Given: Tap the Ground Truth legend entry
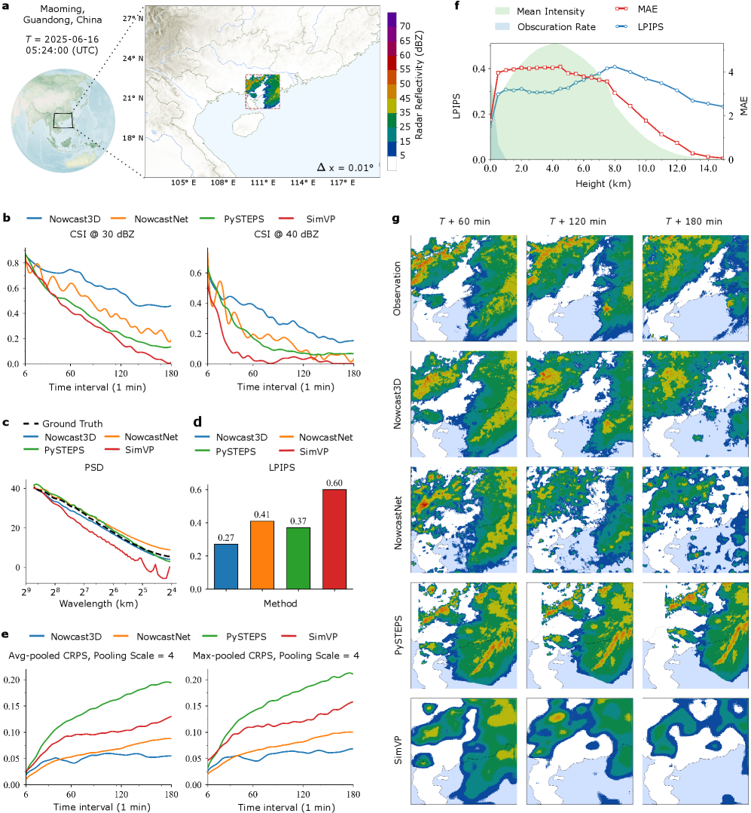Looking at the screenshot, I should (x=72, y=423).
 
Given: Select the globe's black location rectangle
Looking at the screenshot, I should (x=63, y=120).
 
